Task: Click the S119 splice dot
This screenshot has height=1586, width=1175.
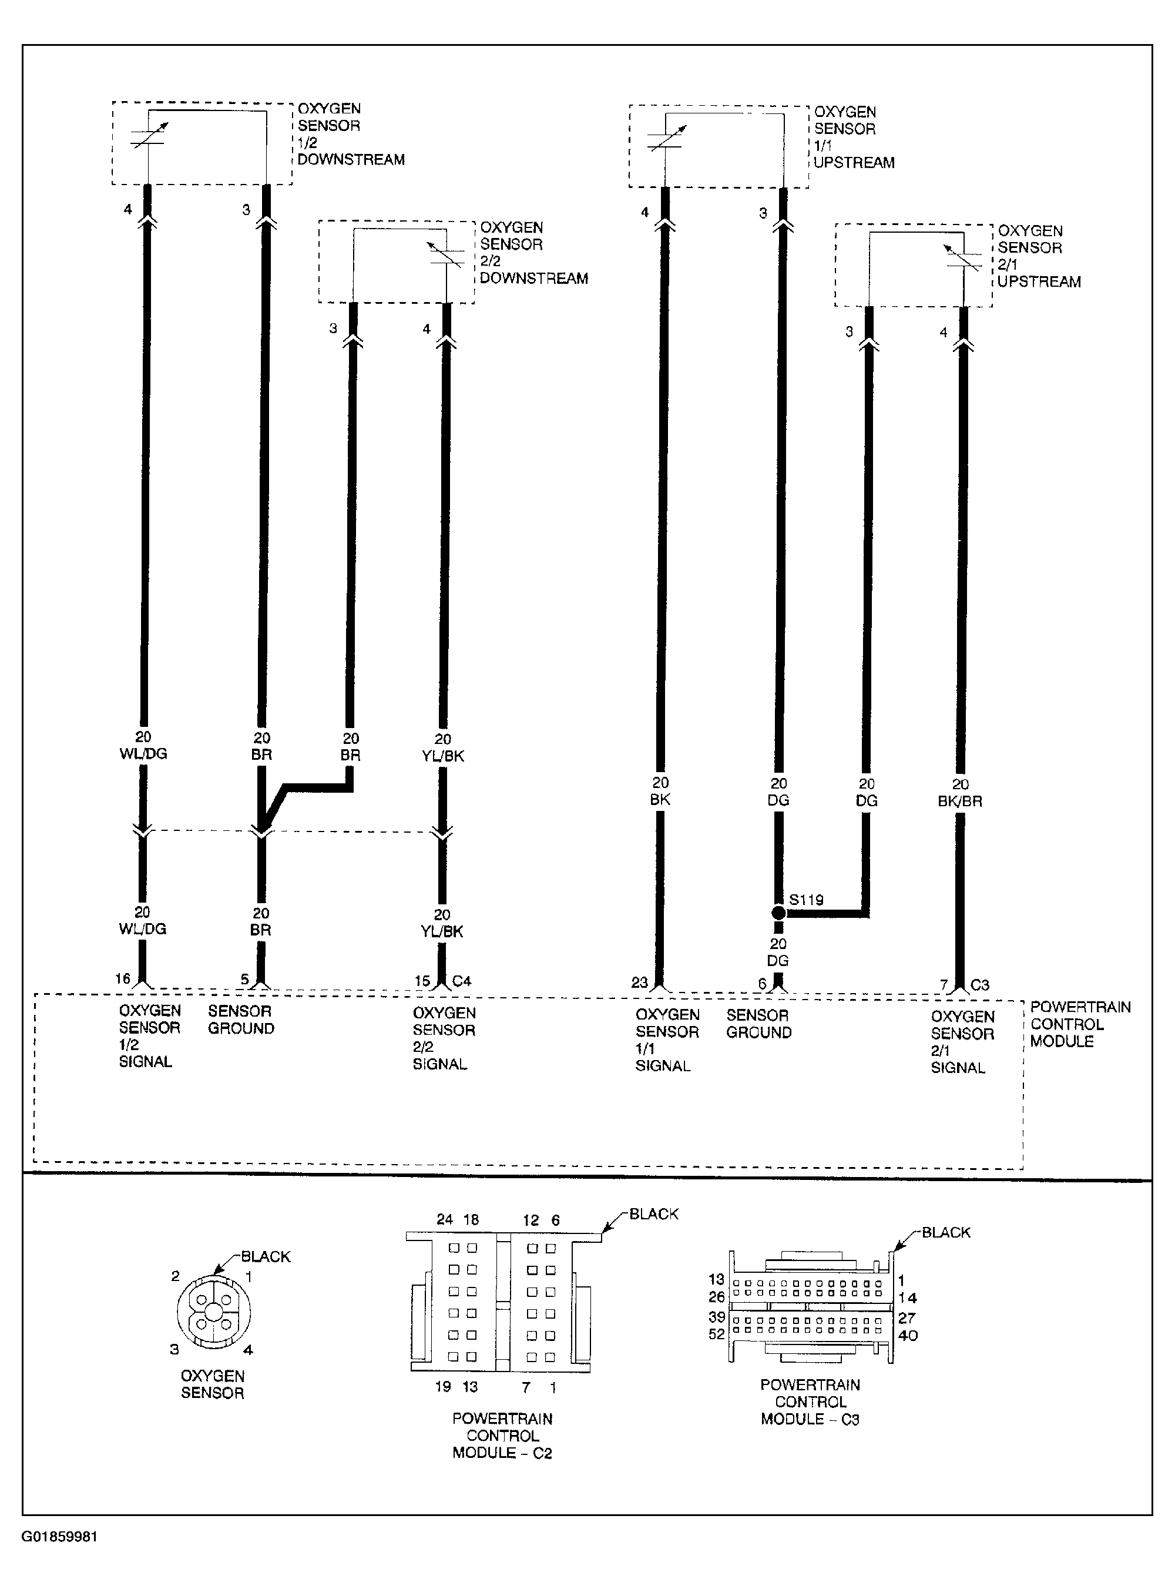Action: click(778, 913)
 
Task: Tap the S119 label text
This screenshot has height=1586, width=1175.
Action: click(807, 900)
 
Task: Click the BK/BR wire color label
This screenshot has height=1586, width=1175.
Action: click(959, 801)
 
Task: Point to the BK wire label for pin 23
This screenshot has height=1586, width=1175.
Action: click(660, 799)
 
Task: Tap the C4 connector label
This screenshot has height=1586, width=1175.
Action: click(462, 981)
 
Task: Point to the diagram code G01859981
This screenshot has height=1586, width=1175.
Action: click(60, 1536)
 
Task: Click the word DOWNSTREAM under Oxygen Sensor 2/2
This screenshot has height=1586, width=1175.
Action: click(533, 279)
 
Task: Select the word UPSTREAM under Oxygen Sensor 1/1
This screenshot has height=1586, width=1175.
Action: click(854, 163)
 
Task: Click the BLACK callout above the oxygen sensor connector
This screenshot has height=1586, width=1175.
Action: click(266, 1257)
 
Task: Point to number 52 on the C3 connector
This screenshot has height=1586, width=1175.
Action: click(716, 1334)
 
